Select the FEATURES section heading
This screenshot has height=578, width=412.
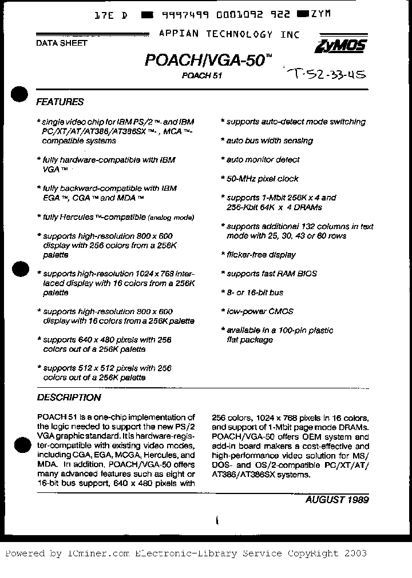[60, 102]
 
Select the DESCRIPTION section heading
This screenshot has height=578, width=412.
[69, 398]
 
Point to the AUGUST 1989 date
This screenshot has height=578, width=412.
[336, 499]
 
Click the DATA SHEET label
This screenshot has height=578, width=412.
[61, 43]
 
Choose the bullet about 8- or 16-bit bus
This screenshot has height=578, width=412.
[255, 292]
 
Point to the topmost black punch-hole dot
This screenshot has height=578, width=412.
[19, 95]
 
